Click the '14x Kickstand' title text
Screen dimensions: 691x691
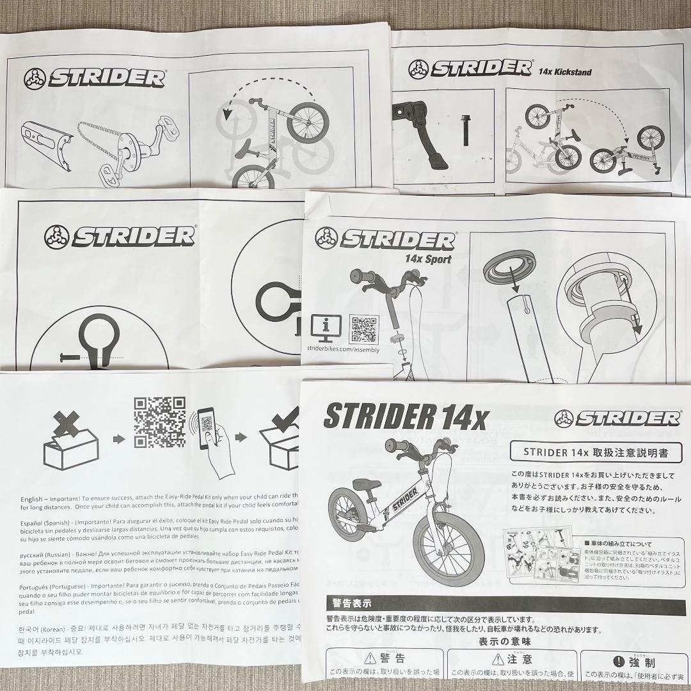[x=565, y=72]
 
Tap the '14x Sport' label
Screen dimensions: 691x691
[x=428, y=259]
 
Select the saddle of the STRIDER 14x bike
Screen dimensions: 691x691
[x=360, y=483]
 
